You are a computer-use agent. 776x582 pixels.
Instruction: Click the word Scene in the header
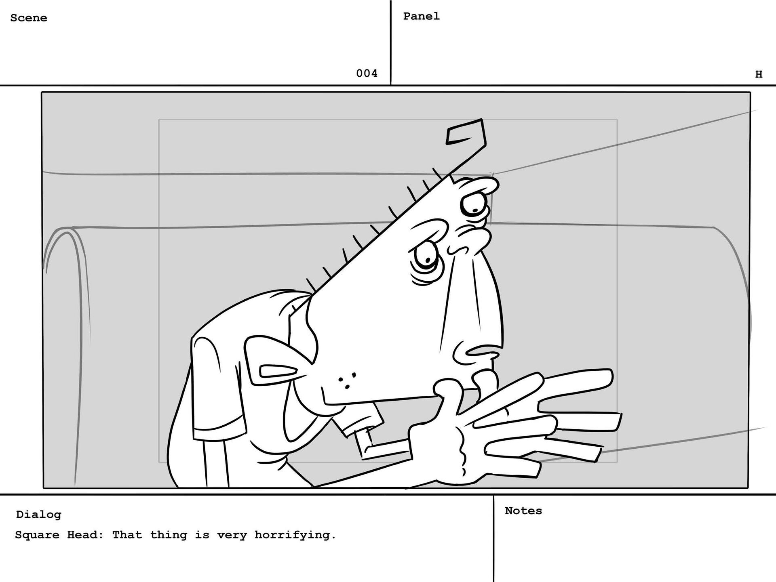[29, 18]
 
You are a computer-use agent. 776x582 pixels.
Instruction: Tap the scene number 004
[367, 73]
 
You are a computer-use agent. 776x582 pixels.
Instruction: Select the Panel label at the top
[421, 16]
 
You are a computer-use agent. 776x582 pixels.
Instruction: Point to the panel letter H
[759, 74]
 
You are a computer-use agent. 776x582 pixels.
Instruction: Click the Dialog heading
[39, 515]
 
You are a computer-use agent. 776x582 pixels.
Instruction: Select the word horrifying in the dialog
[295, 535]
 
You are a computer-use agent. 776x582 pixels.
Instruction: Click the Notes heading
[523, 511]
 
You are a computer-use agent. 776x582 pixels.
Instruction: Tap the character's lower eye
[424, 258]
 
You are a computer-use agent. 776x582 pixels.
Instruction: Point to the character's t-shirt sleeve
[218, 388]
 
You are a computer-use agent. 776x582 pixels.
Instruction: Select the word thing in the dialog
[169, 535]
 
